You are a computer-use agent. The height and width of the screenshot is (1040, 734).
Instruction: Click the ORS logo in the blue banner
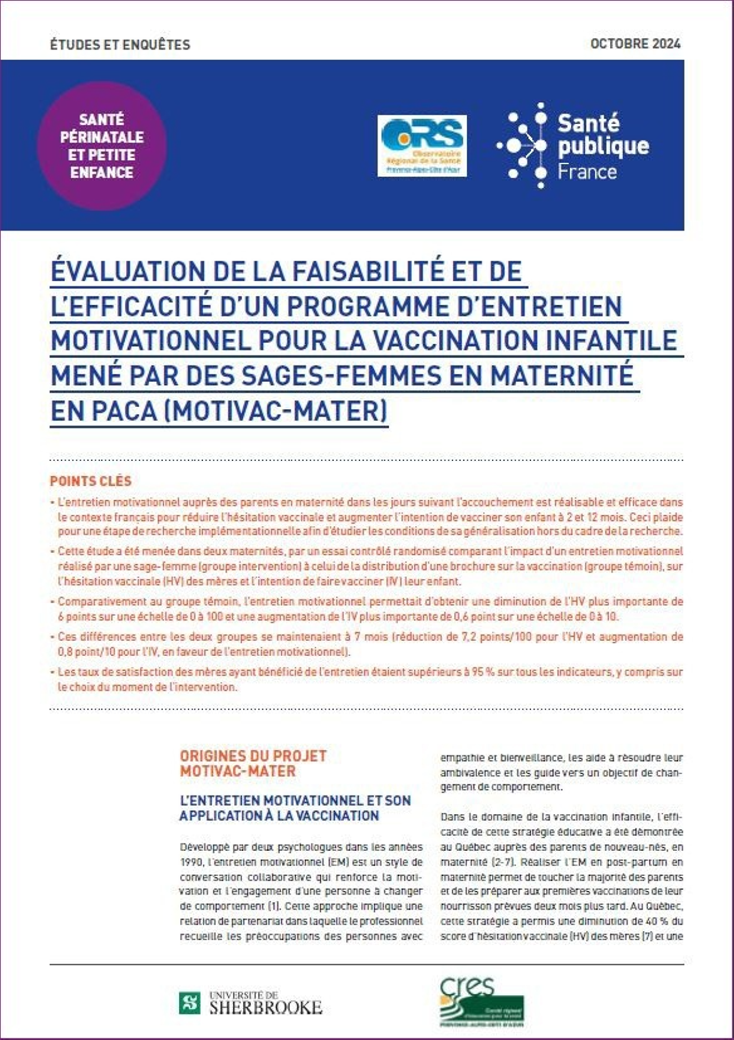click(x=422, y=146)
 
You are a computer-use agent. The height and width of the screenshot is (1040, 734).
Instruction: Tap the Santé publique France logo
click(x=572, y=146)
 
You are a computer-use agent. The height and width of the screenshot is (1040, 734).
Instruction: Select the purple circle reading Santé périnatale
click(x=102, y=146)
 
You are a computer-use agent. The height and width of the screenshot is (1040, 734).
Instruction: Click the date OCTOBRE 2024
click(x=635, y=44)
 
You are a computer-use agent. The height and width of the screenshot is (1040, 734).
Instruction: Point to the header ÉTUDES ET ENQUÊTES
click(x=120, y=45)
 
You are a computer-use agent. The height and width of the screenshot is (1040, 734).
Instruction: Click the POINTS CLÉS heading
click(x=90, y=481)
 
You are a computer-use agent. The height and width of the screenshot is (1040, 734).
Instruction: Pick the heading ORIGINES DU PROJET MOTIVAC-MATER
click(x=253, y=763)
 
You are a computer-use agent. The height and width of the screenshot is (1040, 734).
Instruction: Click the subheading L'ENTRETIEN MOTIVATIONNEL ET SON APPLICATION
click(x=295, y=808)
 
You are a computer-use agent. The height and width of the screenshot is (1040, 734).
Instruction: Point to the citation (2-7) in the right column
click(x=503, y=862)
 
